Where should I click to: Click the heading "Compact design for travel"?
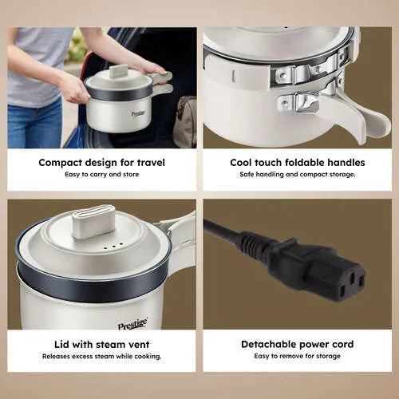point(101,163)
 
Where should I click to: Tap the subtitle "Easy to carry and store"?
point(102,175)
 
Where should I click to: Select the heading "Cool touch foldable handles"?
point(298,162)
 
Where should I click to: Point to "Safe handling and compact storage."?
point(298,175)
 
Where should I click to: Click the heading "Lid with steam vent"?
point(101,345)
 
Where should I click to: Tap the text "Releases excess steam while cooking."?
point(101,356)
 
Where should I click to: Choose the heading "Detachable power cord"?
point(298,344)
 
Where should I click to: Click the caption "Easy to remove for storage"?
point(297,356)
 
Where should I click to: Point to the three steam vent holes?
point(113,247)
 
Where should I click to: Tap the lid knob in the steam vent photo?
point(93,221)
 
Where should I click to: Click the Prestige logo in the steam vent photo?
point(132,324)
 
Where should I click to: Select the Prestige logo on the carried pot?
point(138,114)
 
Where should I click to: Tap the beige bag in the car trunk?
point(185,122)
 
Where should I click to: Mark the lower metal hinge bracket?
point(298,103)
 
